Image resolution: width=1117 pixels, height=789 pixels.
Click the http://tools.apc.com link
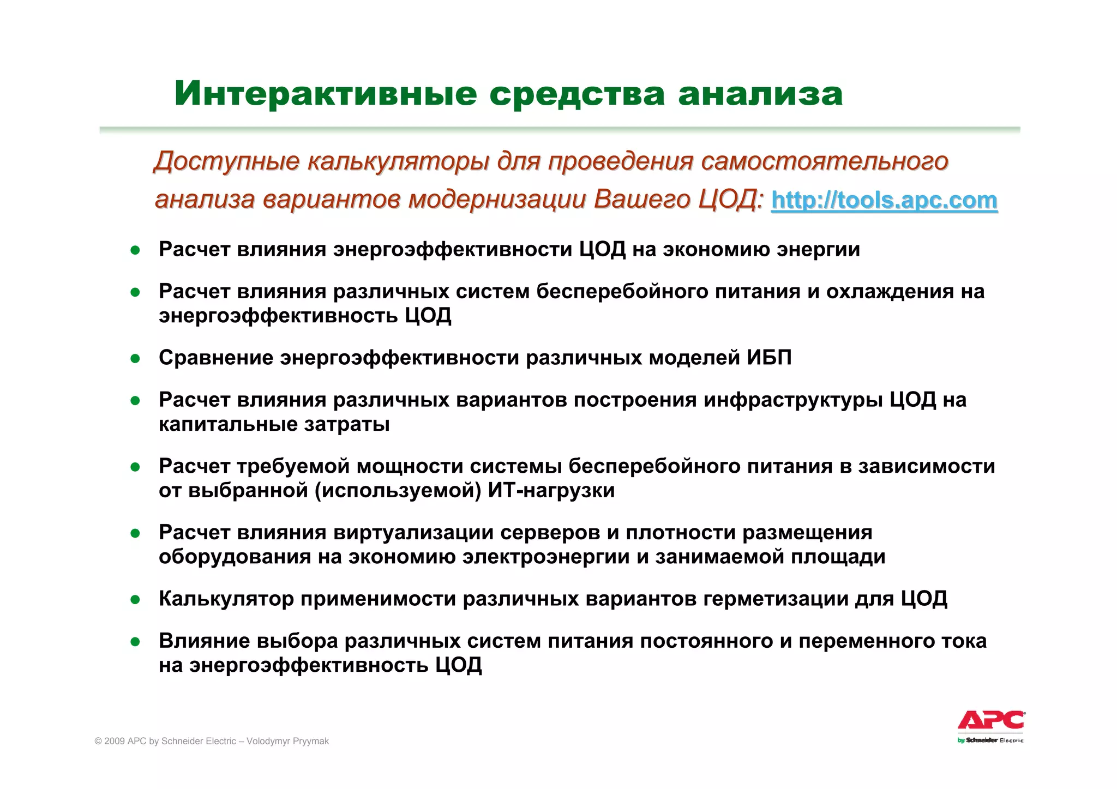[884, 200]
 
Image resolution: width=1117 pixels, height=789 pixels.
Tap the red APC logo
[991, 720]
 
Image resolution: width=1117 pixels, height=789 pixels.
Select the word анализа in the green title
[760, 93]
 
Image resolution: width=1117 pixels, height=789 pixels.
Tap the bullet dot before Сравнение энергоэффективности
[135, 358]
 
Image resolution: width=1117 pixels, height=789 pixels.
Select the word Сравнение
[215, 358]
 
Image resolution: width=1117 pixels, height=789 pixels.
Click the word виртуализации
[413, 532]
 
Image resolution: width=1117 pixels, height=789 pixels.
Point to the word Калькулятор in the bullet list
[226, 599]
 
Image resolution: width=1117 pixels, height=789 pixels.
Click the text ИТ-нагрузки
[551, 491]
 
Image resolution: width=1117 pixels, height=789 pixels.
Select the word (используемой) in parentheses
[398, 491]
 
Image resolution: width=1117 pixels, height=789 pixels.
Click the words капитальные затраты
[274, 424]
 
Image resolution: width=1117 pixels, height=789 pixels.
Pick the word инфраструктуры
[792, 400]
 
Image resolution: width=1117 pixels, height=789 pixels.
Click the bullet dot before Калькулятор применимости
[135, 600]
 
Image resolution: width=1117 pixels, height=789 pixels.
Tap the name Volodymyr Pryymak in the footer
[287, 741]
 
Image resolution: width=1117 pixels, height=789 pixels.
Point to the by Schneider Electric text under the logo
[990, 740]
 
